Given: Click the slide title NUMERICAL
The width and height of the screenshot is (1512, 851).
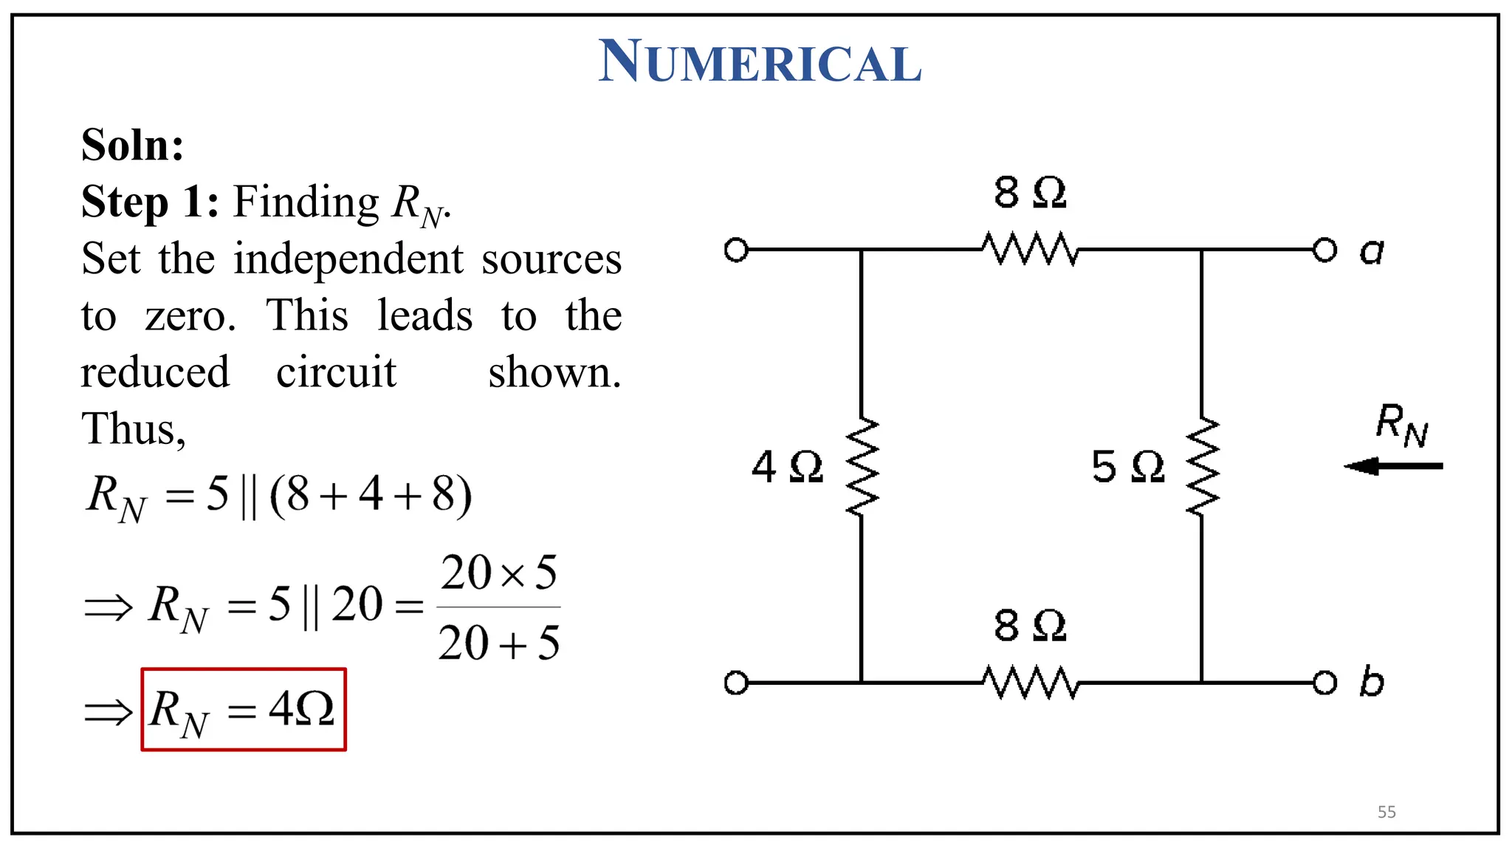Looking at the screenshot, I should (x=760, y=61).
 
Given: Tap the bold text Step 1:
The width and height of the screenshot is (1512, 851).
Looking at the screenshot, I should (x=150, y=201).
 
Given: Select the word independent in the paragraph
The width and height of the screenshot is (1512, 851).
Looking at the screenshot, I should (x=349, y=259).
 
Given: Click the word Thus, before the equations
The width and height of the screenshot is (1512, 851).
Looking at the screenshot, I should (x=133, y=428).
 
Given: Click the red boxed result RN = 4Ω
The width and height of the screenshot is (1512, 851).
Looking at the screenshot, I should (x=244, y=709).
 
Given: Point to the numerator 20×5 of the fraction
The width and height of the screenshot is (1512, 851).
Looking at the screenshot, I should (x=499, y=573).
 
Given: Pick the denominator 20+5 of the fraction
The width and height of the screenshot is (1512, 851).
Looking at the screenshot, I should (x=499, y=642).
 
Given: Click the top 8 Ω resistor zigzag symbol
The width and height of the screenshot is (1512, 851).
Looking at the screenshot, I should (x=1030, y=249).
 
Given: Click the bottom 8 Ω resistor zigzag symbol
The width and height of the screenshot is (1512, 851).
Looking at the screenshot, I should (x=1030, y=683).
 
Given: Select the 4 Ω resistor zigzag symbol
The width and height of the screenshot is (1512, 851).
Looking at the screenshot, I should (x=862, y=466).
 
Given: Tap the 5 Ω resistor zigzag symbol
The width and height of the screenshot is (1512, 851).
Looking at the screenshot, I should (x=1202, y=466).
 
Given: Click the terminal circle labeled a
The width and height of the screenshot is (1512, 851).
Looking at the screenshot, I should (x=1324, y=250).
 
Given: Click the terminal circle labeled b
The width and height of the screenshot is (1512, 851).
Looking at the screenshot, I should (x=1324, y=683).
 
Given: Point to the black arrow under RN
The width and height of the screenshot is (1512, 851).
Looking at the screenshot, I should (x=1393, y=466).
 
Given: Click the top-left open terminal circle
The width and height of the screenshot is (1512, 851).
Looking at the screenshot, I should (x=736, y=250).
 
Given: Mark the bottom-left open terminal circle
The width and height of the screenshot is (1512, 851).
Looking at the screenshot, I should (x=736, y=683).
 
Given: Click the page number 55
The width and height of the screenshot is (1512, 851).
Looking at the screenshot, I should (x=1386, y=812).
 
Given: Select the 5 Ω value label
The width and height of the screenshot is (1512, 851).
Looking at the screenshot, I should (x=1127, y=467).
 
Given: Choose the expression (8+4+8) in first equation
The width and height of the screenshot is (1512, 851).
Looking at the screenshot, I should (x=371, y=495).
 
